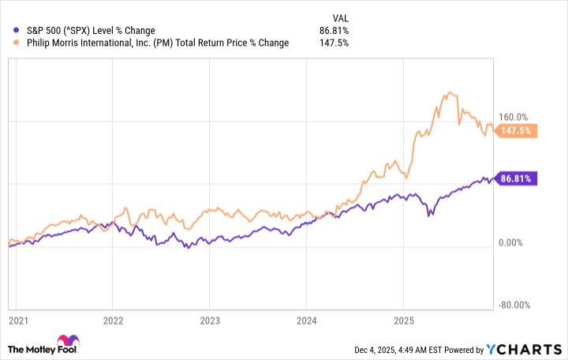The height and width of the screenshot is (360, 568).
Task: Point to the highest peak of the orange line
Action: [x=448, y=92]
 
